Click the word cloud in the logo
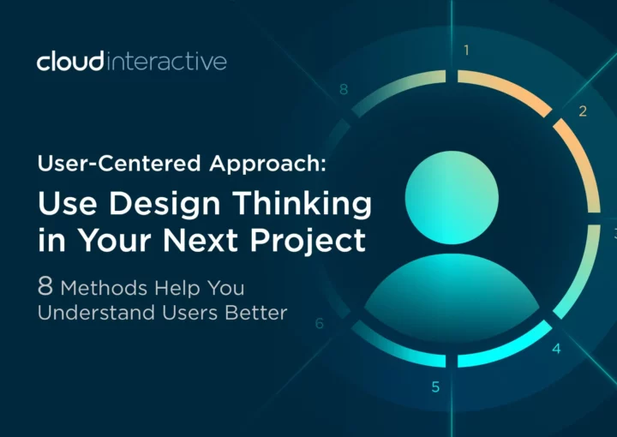70,61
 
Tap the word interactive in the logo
166,62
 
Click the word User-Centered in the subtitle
119,163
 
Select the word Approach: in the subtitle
267,165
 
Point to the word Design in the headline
164,205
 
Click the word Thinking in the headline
303,204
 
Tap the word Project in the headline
308,241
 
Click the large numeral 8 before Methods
45,286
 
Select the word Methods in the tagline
104,288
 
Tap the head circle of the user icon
452,197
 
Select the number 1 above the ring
466,51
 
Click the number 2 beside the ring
583,111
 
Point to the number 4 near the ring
556,349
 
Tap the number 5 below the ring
435,387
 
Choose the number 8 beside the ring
344,90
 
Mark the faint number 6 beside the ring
320,323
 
